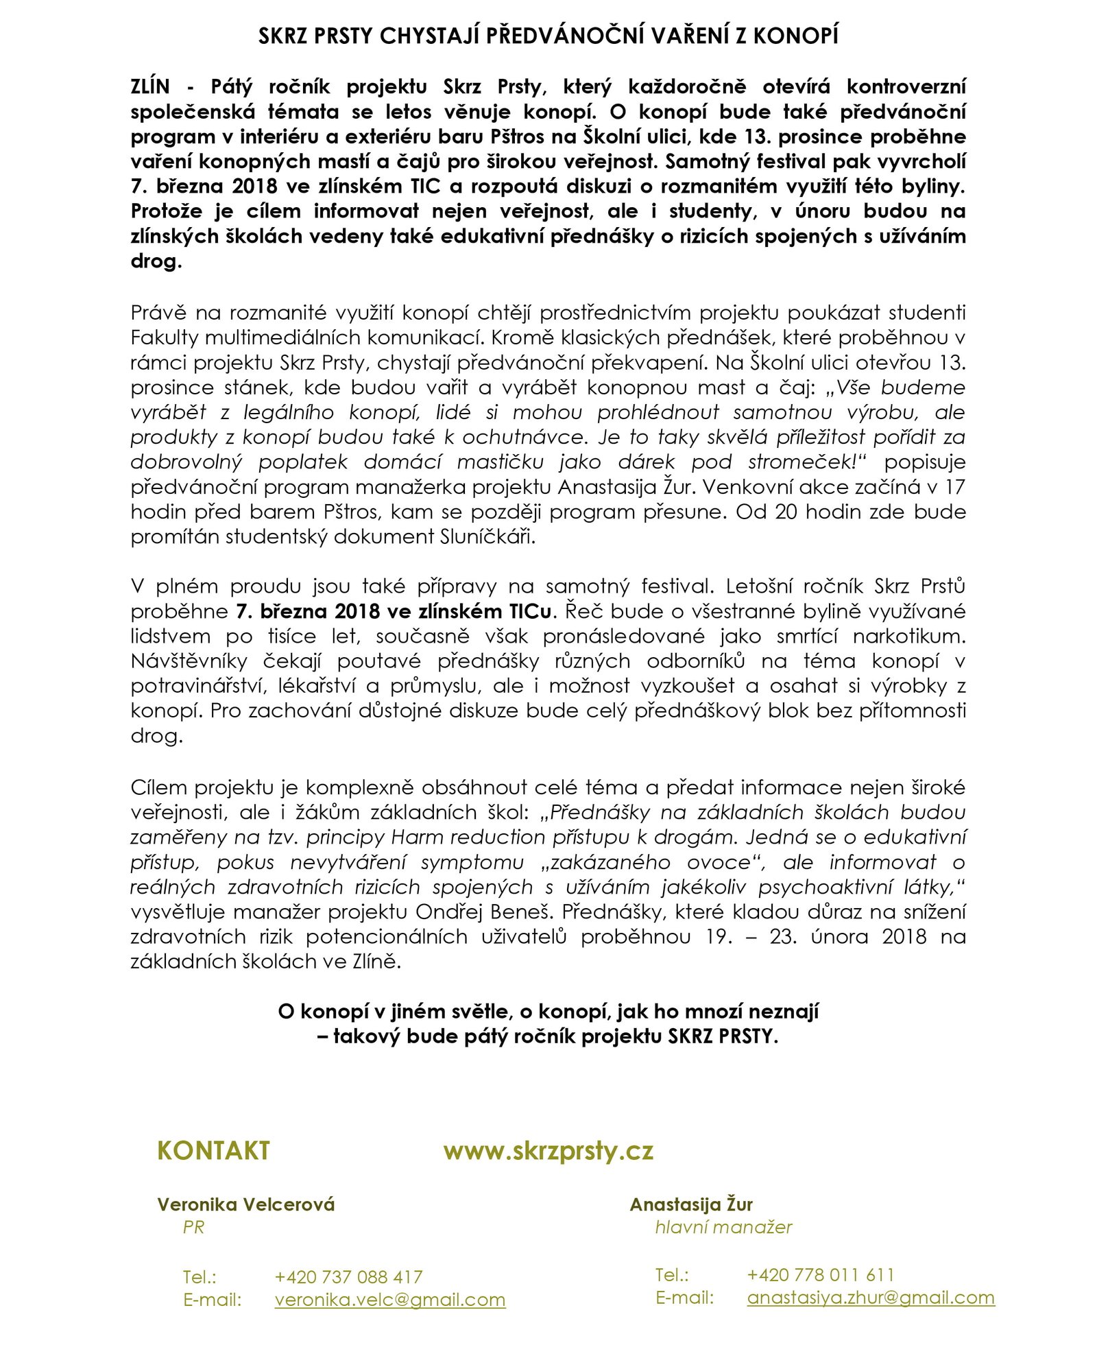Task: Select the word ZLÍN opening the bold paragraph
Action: pyautogui.click(x=150, y=87)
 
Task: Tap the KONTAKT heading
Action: pyautogui.click(x=213, y=1150)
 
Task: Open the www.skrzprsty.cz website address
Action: pyautogui.click(x=548, y=1150)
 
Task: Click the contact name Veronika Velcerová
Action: pyautogui.click(x=245, y=1204)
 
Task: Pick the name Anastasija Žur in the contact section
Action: pyautogui.click(x=691, y=1204)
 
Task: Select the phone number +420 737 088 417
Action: pyautogui.click(x=348, y=1276)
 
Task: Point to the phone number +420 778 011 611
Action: pyautogui.click(x=821, y=1274)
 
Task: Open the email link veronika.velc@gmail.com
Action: pyautogui.click(x=389, y=1300)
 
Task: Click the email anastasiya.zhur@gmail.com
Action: pyautogui.click(x=870, y=1298)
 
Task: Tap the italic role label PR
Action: pyautogui.click(x=193, y=1227)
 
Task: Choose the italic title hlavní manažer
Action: pyautogui.click(x=723, y=1227)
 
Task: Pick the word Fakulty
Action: pyautogui.click(x=164, y=337)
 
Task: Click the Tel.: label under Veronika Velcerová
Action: pyautogui.click(x=200, y=1277)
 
